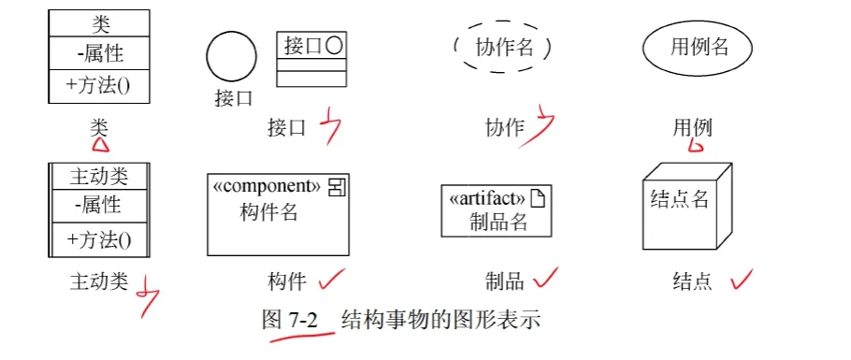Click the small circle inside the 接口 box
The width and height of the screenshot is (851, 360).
coord(335,46)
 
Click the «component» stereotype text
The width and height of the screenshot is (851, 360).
coord(267,186)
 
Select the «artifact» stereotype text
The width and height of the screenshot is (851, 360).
coord(487,199)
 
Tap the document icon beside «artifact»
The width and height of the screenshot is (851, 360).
coord(538,199)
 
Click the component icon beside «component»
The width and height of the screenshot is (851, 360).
coord(337,187)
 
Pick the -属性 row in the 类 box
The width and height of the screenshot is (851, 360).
coord(99,53)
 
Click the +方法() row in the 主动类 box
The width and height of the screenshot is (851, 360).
coord(99,239)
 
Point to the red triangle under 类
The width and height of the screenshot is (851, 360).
coord(101,144)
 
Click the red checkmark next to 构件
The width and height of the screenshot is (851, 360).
coord(332,281)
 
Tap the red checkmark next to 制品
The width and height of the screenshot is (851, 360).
coord(545,279)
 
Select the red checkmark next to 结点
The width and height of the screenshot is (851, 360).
coord(741,279)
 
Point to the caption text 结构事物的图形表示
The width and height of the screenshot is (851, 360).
coord(440,320)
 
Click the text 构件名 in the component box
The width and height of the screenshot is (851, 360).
coord(268,211)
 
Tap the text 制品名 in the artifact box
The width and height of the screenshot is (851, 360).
coord(498,222)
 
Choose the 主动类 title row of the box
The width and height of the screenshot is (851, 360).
coord(99,177)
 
